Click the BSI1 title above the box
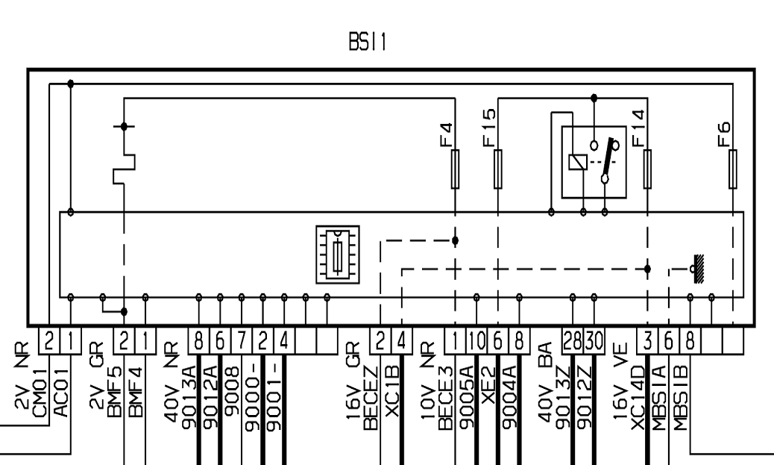coord(368,42)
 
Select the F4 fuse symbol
coord(455,169)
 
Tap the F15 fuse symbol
coord(498,169)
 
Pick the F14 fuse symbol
coord(648,169)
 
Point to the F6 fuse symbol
coord(733,169)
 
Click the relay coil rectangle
coord(578,162)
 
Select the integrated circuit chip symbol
coord(338,255)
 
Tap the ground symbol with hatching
coord(697,269)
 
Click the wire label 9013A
coord(189,397)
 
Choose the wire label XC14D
coord(639,397)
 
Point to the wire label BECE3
coord(445,397)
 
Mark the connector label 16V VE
coord(621,382)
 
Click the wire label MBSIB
coord(681,397)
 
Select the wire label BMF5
coord(114,391)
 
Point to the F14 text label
coord(638,128)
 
